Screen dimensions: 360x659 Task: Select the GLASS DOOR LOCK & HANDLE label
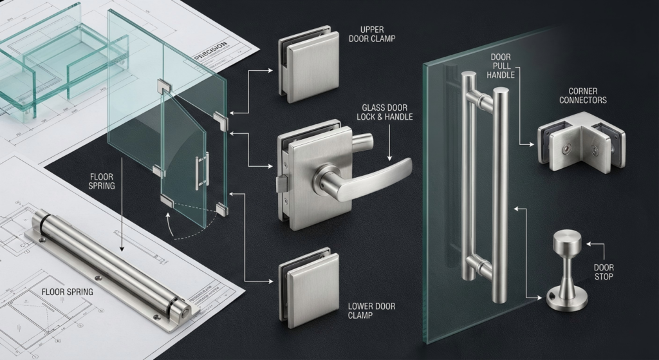pyautogui.click(x=385, y=112)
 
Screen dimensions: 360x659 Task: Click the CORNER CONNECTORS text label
pyautogui.click(x=582, y=96)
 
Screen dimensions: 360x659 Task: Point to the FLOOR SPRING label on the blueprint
pyautogui.click(x=67, y=292)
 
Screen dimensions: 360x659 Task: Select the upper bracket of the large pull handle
pyautogui.click(x=481, y=99)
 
